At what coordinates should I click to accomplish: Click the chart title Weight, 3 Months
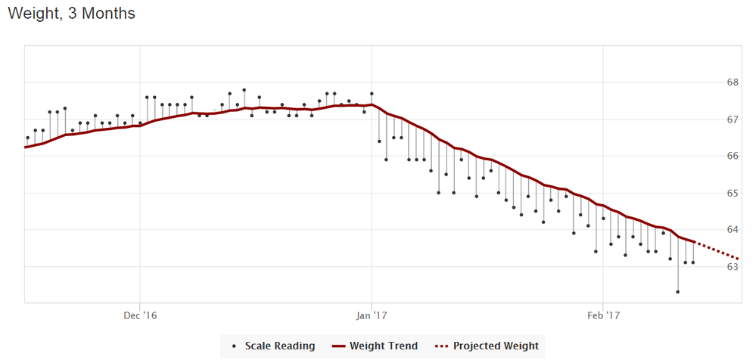71,14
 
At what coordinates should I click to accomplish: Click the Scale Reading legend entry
279,346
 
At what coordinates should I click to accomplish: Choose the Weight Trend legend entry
384,346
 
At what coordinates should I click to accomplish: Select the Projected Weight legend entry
496,346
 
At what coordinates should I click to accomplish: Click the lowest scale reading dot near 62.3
678,292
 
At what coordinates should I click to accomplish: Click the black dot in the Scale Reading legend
234,346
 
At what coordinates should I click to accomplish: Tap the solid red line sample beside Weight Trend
338,346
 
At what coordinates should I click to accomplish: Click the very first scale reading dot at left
28,138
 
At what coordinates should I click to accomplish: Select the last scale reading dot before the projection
693,262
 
